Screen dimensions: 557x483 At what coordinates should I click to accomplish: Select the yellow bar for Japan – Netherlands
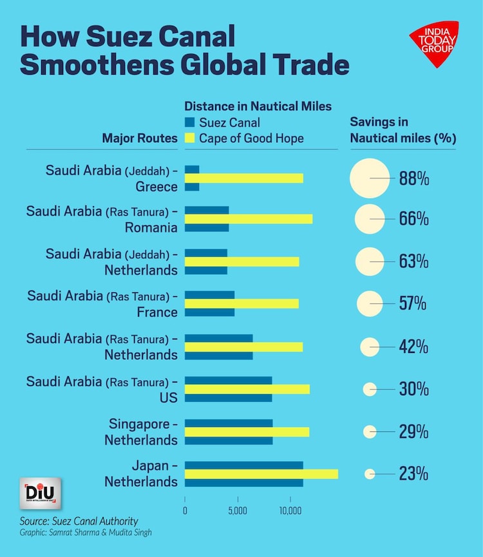pyautogui.click(x=261, y=474)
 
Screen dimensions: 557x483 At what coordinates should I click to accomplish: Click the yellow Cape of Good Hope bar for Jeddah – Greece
pyautogui.click(x=243, y=178)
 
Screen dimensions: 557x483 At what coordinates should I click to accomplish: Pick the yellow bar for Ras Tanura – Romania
pyautogui.click(x=248, y=219)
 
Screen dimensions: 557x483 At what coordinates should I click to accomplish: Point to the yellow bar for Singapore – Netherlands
pyautogui.click(x=247, y=431)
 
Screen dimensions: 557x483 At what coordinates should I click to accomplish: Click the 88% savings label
pyautogui.click(x=413, y=179)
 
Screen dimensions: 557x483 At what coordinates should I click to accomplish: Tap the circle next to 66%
pyautogui.click(x=370, y=219)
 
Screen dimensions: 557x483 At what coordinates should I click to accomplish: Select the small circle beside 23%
pyautogui.click(x=369, y=474)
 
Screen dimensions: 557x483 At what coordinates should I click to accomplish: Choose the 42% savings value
pyautogui.click(x=413, y=346)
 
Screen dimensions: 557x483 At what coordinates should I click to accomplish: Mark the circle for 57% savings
pyautogui.click(x=370, y=304)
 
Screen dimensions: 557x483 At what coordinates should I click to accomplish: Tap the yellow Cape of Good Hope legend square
pyautogui.click(x=189, y=138)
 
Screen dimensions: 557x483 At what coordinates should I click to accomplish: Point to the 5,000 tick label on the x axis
pyautogui.click(x=238, y=511)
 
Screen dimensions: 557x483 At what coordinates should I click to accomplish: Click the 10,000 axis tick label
pyautogui.click(x=290, y=511)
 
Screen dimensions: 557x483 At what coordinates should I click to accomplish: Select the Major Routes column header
pyautogui.click(x=140, y=138)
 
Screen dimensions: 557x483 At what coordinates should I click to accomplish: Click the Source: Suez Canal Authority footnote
pyautogui.click(x=79, y=520)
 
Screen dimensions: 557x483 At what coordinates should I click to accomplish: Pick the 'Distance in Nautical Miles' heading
pyautogui.click(x=258, y=106)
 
